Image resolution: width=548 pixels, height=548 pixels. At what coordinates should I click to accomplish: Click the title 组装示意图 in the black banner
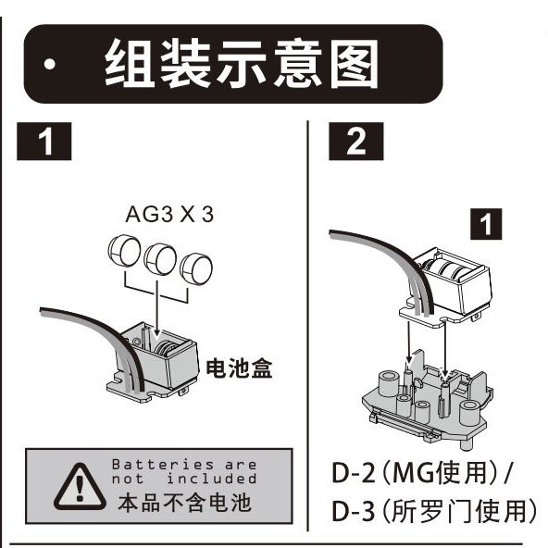point(242,63)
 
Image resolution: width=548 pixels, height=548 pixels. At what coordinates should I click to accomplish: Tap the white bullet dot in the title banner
point(50,64)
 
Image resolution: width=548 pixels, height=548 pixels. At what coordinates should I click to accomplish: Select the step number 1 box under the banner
point(44,142)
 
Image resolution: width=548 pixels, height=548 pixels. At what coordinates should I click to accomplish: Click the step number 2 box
point(356,142)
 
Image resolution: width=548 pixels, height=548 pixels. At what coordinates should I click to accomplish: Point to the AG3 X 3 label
point(169,214)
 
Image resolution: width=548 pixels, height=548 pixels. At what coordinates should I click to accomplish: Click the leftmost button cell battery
point(124,251)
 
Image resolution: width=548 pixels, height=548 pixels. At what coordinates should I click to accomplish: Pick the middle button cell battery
point(160,259)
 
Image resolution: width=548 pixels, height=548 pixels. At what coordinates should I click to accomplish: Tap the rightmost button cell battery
point(196,268)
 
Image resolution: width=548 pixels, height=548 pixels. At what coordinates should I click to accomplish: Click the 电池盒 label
point(239,368)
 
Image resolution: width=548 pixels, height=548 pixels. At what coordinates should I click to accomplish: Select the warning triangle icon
point(80,487)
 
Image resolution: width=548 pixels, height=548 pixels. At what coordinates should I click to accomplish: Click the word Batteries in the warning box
point(163,465)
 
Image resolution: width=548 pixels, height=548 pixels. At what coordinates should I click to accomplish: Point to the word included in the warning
point(212,479)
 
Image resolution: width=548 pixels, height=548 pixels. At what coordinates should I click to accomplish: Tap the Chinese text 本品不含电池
point(184,503)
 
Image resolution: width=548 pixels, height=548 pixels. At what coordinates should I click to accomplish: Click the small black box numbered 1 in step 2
point(486,224)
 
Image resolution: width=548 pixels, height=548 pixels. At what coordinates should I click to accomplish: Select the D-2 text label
point(353,473)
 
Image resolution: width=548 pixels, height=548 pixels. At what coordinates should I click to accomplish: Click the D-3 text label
point(353,511)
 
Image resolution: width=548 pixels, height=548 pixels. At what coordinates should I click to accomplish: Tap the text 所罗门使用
point(459,511)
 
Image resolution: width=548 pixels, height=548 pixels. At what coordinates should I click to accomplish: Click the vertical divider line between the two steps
point(308,326)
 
